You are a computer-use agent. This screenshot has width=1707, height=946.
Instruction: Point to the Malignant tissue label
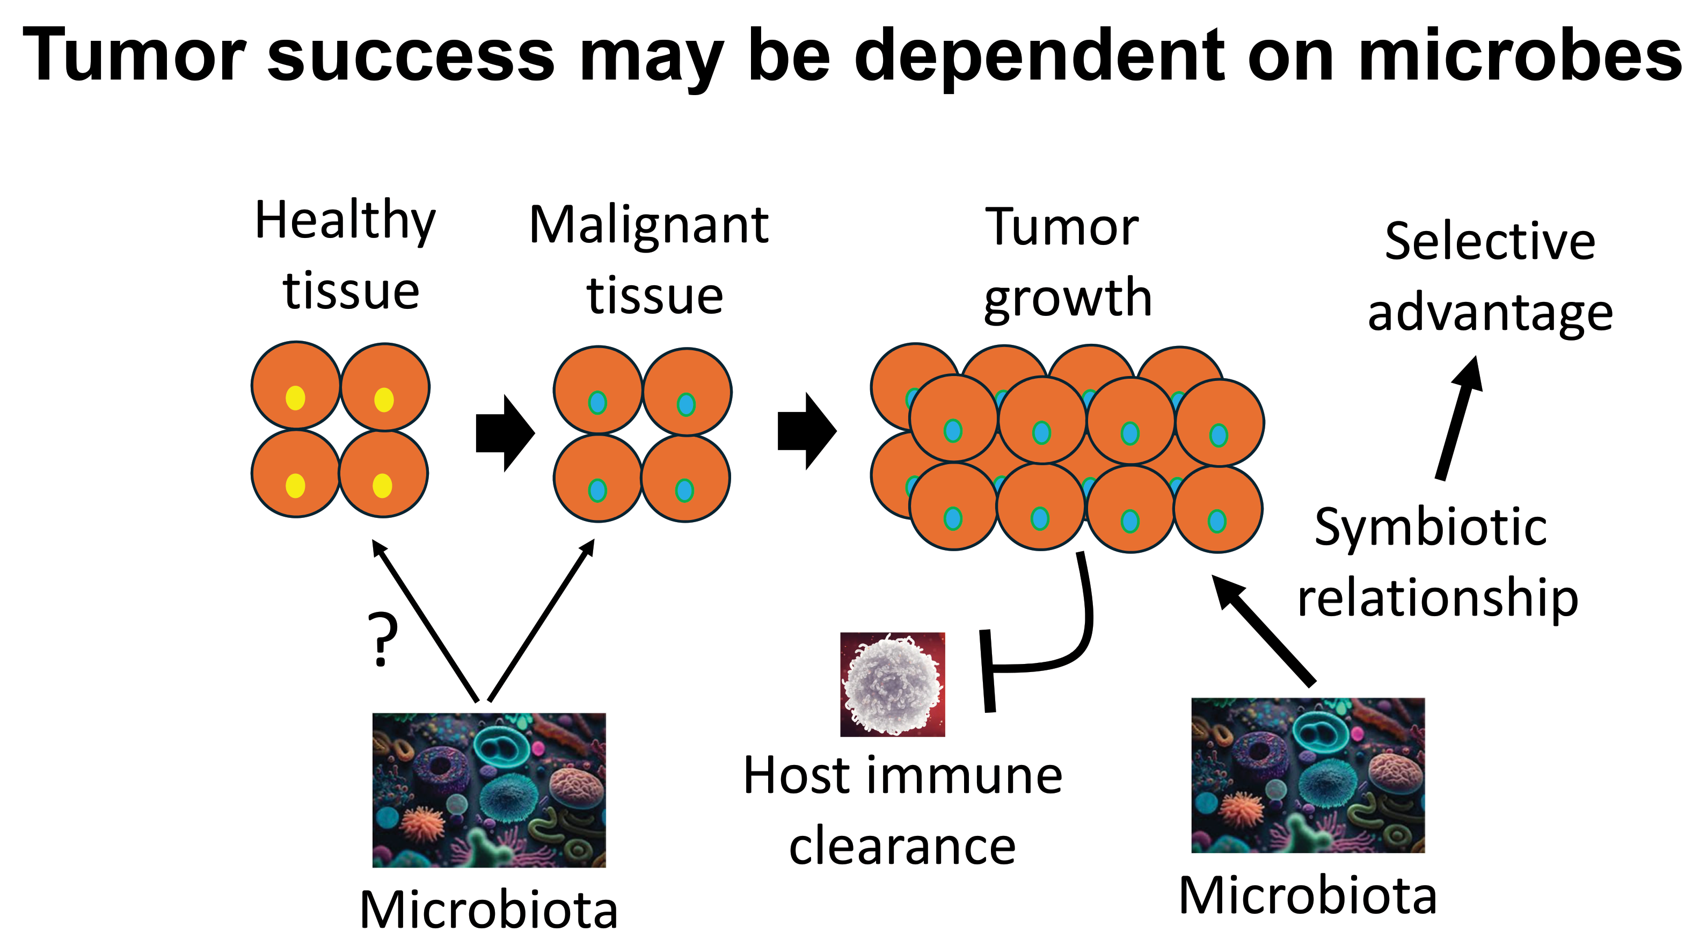(650, 258)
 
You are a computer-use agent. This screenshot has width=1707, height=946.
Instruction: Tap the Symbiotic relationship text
(1436, 562)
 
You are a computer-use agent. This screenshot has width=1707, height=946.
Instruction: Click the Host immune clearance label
(902, 810)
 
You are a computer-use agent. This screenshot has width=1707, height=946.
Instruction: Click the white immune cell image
(893, 684)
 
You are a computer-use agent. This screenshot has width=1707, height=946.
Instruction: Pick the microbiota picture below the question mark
(489, 790)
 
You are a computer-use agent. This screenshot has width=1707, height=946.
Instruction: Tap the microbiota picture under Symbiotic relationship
(1308, 775)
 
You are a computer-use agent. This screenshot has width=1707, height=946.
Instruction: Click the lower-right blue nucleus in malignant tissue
(684, 490)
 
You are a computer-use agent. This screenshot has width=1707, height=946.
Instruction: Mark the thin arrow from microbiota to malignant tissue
(541, 620)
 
